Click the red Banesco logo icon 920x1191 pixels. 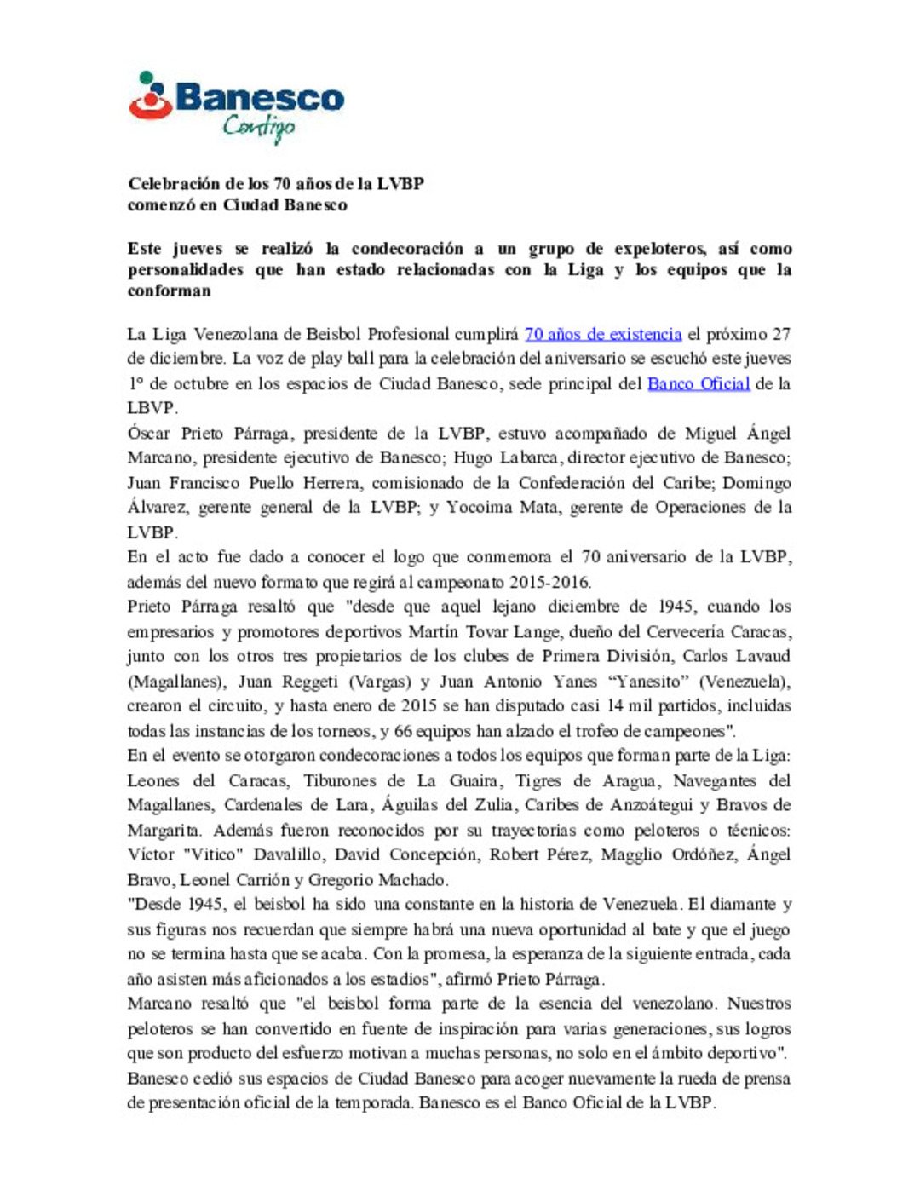[x=151, y=96]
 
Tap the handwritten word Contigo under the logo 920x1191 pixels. [x=258, y=128]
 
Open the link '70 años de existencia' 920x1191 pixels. [x=603, y=334]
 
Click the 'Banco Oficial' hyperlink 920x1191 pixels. [x=699, y=383]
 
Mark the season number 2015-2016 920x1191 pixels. [x=549, y=583]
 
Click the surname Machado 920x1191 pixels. [x=411, y=880]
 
